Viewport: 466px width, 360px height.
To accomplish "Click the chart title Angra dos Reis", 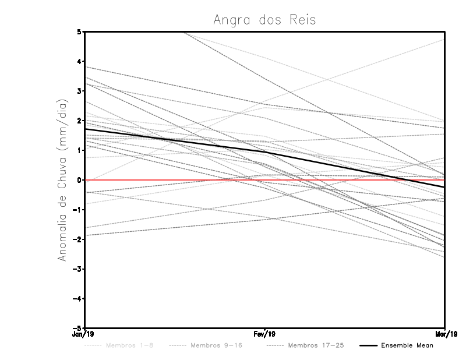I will pyautogui.click(x=264, y=19).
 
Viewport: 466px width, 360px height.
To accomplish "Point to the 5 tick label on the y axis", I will pyautogui.click(x=79, y=31).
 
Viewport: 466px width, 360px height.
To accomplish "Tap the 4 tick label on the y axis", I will pyautogui.click(x=79, y=61).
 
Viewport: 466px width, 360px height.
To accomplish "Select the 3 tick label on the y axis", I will pyautogui.click(x=79, y=91).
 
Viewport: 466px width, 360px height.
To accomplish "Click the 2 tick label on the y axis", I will pyautogui.click(x=79, y=121).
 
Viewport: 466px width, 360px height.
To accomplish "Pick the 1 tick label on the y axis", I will pyautogui.click(x=79, y=150).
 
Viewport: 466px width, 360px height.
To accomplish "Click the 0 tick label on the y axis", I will pyautogui.click(x=79, y=180).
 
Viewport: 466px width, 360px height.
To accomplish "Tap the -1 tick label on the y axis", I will pyautogui.click(x=77, y=210).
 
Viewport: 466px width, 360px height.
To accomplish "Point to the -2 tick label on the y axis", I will pyautogui.click(x=77, y=239).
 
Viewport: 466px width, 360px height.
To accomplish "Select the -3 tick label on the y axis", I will pyautogui.click(x=77, y=269).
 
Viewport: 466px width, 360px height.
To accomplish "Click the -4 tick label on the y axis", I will pyautogui.click(x=77, y=298).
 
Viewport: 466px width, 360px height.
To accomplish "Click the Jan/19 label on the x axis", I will pyautogui.click(x=84, y=334).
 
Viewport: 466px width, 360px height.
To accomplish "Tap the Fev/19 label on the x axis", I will pyautogui.click(x=264, y=334).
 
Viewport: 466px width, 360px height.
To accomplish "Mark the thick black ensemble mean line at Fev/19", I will pyautogui.click(x=264, y=152).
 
